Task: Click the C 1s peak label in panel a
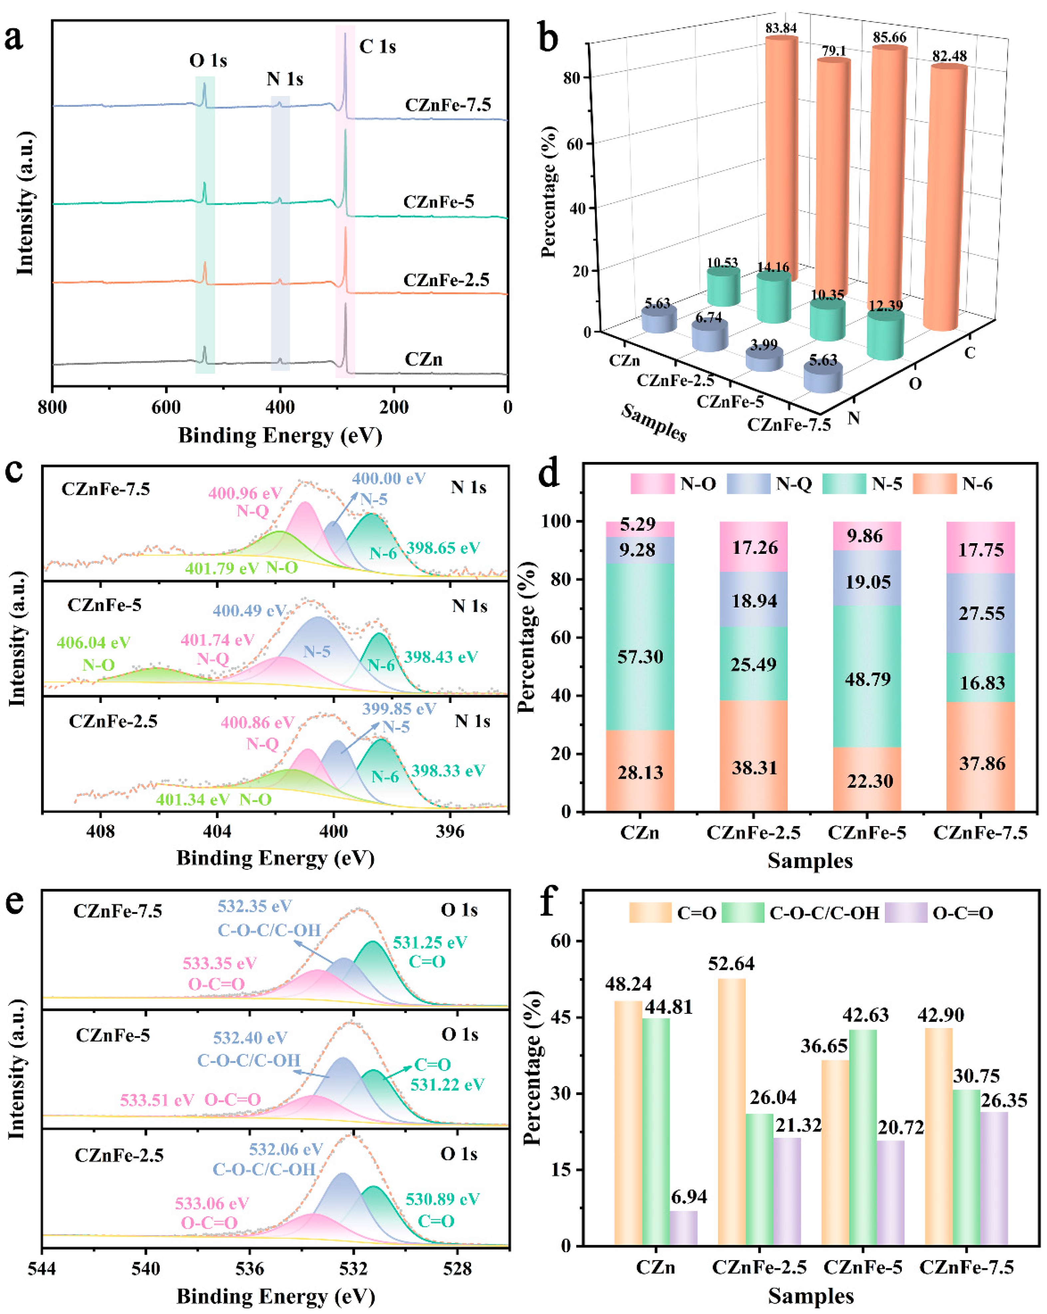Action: click(x=378, y=46)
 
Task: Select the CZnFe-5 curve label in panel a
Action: click(x=438, y=202)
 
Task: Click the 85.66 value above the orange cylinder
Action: click(x=889, y=37)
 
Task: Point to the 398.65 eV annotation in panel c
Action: click(x=443, y=548)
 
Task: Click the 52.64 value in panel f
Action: click(x=731, y=964)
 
